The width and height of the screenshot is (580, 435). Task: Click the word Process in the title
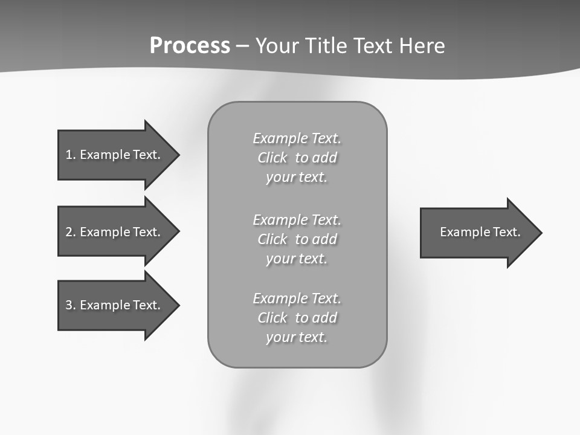pyautogui.click(x=190, y=46)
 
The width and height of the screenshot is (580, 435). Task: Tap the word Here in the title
pyautogui.click(x=420, y=46)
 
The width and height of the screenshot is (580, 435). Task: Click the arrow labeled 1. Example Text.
pyautogui.click(x=115, y=155)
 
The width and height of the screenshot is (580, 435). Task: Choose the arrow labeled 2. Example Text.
pyautogui.click(x=115, y=232)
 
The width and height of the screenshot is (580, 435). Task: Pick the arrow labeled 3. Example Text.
pyautogui.click(x=115, y=305)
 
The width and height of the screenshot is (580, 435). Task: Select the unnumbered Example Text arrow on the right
pyautogui.click(x=477, y=233)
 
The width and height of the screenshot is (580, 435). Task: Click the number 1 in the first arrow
pyautogui.click(x=69, y=155)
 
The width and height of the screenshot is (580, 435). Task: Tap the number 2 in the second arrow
pyautogui.click(x=69, y=232)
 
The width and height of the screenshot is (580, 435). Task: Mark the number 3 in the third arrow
pyautogui.click(x=69, y=305)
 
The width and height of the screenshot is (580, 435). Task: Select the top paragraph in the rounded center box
pyautogui.click(x=297, y=158)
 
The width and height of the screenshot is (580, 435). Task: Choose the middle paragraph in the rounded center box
pyautogui.click(x=297, y=239)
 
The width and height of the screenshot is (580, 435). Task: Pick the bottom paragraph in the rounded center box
pyautogui.click(x=297, y=317)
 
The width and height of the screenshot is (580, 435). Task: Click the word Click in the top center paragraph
pyautogui.click(x=272, y=158)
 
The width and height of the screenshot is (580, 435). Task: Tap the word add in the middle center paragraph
pyautogui.click(x=324, y=239)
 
